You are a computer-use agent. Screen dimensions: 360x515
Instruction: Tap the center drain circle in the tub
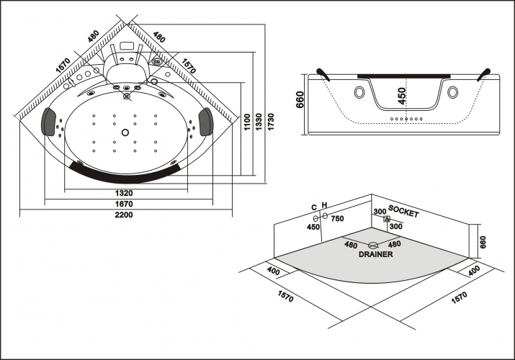[x=125, y=132]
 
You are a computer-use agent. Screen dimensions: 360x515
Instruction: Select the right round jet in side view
[x=452, y=92]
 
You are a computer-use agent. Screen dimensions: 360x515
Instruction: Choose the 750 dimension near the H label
[x=336, y=219]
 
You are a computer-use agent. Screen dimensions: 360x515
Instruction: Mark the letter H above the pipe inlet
[x=325, y=206]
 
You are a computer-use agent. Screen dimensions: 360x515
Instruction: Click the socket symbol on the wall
[x=387, y=219]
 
